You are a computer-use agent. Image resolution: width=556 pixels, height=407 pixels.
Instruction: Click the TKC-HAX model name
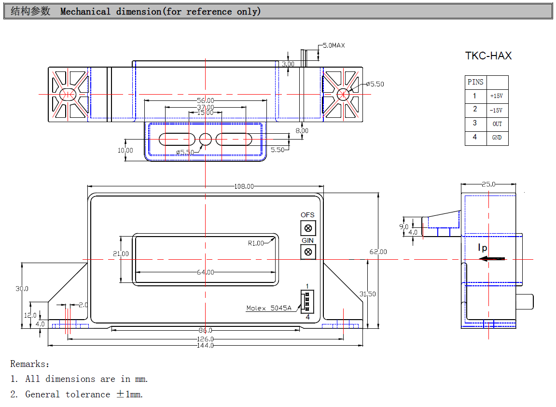coord(488,56)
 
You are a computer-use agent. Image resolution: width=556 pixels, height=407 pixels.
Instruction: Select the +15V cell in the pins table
coord(497,96)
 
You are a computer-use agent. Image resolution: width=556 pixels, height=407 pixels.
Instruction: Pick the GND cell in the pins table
coord(497,137)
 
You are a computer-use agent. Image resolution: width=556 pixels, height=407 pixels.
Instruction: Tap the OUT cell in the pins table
coord(497,124)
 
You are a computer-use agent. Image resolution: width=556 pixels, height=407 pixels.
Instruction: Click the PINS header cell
coord(475,82)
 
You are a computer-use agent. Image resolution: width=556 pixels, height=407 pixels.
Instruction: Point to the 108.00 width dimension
coord(244,186)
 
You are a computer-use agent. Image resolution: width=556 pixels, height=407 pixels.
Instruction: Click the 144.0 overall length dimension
coord(205,345)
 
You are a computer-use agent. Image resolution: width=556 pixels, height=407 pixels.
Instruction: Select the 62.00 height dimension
coord(378,252)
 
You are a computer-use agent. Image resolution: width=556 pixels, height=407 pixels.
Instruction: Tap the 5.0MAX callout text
coord(334,45)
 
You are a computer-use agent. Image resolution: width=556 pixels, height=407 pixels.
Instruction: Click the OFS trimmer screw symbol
coord(308,228)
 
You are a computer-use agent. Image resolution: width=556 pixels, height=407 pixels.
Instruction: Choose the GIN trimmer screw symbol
coord(308,252)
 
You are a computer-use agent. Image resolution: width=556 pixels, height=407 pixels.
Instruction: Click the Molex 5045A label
coord(268,308)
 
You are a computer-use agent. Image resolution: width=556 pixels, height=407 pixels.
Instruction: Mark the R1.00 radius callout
coord(256,243)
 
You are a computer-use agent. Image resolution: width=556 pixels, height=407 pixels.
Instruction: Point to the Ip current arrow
coord(492,259)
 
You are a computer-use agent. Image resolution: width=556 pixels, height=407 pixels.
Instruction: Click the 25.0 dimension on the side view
coord(488,184)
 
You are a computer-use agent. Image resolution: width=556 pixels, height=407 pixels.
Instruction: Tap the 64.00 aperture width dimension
coord(206,272)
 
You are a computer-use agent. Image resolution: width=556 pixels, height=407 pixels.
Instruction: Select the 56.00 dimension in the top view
coord(206,100)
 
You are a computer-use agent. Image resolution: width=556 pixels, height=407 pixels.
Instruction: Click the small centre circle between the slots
coord(205,140)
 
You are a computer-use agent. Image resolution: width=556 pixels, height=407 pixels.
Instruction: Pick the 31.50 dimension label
coord(367,294)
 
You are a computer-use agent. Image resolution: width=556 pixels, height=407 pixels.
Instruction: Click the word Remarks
coord(29,364)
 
